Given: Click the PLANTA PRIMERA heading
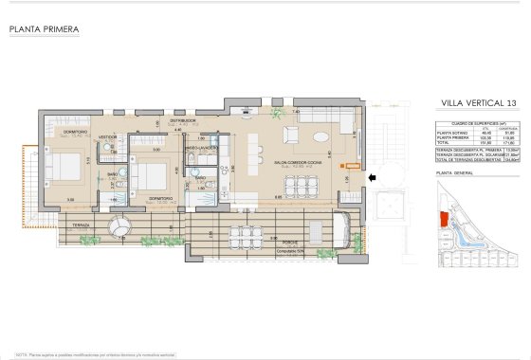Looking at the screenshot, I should point(44,29).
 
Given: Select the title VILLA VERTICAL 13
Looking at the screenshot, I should point(479,102).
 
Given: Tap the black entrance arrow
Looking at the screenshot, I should point(371,177).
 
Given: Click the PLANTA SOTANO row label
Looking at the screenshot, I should point(451,134).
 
